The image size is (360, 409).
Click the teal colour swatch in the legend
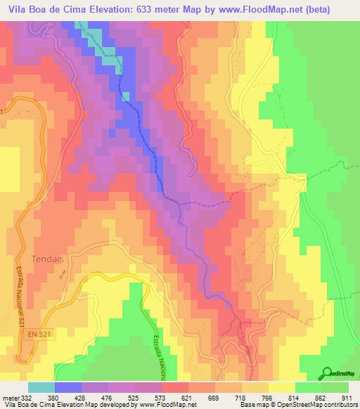coord(41,387)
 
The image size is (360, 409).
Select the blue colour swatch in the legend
coord(68,387)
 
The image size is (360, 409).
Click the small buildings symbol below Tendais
coord(60,275)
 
